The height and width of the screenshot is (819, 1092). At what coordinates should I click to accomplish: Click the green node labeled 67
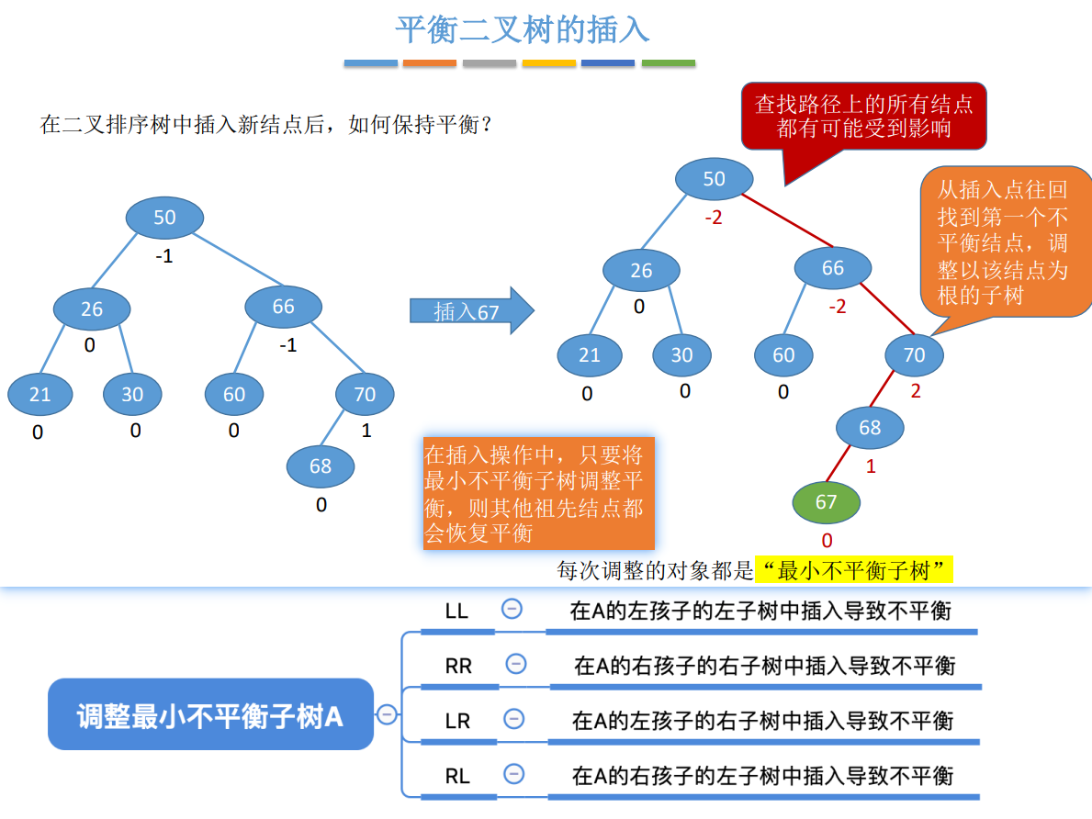(x=827, y=501)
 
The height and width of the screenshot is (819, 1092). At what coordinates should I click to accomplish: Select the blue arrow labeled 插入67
(x=471, y=311)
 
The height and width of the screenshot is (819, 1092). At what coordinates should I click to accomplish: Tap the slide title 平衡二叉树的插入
(x=522, y=29)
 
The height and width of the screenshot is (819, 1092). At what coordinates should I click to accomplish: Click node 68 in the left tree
(x=321, y=466)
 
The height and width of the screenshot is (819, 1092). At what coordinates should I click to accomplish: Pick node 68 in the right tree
(x=870, y=427)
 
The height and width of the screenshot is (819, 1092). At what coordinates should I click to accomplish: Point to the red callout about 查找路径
(x=863, y=116)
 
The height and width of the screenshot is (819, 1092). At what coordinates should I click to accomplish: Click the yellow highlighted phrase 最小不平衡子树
(x=853, y=571)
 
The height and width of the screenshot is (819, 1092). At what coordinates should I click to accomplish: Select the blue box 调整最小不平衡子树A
(x=210, y=715)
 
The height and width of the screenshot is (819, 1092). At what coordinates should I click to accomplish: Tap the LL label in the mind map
(x=456, y=611)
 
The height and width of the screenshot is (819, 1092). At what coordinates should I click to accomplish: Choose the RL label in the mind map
(x=457, y=776)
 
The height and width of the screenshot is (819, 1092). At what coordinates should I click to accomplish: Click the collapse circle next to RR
(x=516, y=664)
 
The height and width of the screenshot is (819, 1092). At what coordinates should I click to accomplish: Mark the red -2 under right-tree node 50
(x=714, y=219)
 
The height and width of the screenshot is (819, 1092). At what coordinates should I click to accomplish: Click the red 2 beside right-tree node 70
(x=916, y=390)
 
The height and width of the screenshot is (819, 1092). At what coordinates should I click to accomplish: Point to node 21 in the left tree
(x=39, y=395)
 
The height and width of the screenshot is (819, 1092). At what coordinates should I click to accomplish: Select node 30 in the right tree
(x=681, y=355)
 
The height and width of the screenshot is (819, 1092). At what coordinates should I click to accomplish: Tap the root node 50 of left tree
(x=164, y=218)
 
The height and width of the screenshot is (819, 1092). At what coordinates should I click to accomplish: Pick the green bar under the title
(x=668, y=63)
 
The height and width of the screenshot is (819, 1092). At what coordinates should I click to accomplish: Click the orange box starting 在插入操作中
(x=539, y=493)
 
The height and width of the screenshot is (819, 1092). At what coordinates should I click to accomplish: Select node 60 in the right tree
(x=783, y=355)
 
